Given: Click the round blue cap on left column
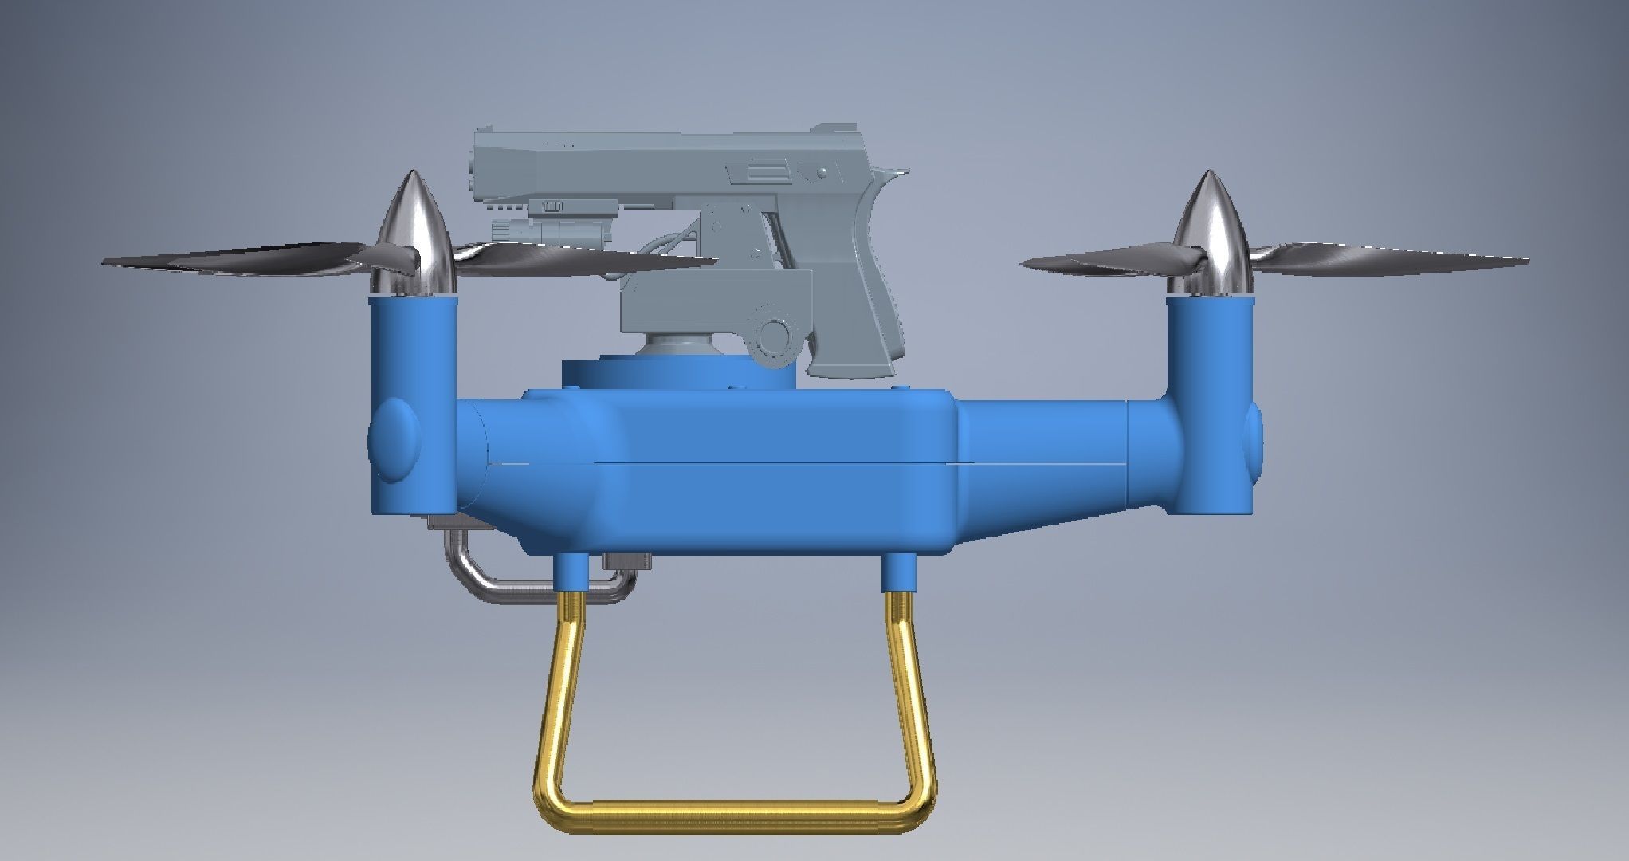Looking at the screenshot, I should click(x=394, y=439).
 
